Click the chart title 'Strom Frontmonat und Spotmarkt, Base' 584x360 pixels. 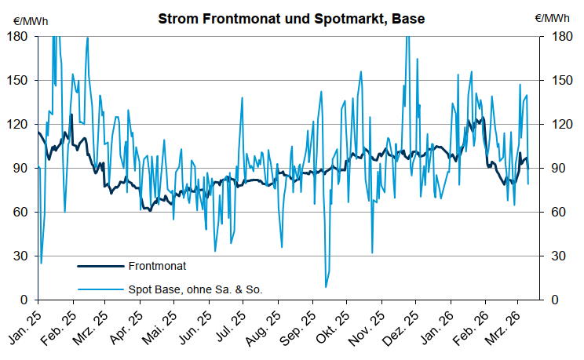(x=291, y=17)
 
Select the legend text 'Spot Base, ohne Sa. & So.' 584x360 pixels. (x=195, y=289)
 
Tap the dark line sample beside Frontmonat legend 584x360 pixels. (x=100, y=267)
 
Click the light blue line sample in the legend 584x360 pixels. (x=100, y=289)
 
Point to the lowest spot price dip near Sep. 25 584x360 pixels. (x=326, y=287)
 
